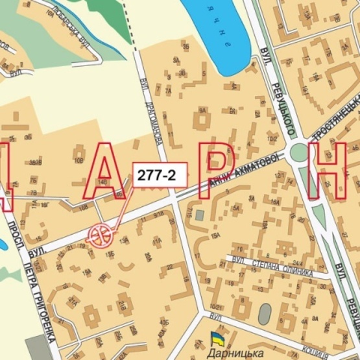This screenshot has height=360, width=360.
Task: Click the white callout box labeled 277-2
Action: coord(162,173)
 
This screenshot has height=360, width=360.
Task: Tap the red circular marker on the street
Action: coord(101,234)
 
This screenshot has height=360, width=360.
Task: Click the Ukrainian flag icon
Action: coord(217,338)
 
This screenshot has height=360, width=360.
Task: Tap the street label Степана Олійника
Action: coord(273,267)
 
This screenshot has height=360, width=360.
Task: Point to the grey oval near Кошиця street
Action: coord(265,314)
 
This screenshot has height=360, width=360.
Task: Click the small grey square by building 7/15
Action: coord(200,215)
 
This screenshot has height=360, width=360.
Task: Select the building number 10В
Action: coord(78,160)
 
